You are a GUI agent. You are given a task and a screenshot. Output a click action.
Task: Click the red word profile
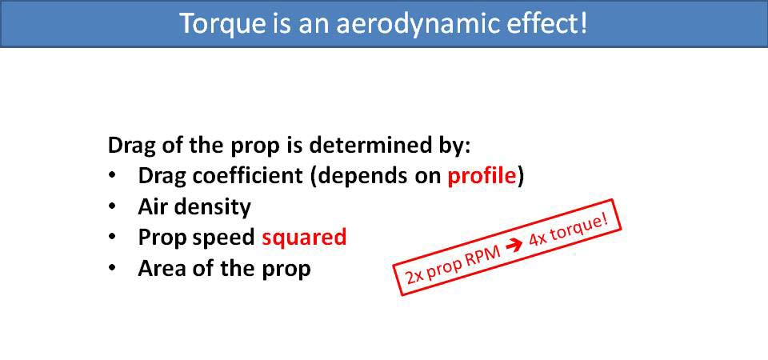pyautogui.click(x=482, y=177)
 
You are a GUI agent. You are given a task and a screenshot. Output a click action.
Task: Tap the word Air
pyautogui.click(x=152, y=207)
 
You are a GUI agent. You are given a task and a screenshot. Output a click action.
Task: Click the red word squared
pyautogui.click(x=304, y=238)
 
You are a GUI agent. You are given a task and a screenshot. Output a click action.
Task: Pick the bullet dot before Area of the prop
pyautogui.click(x=112, y=268)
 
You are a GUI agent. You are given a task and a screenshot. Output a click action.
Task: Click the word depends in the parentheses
pyautogui.click(x=352, y=177)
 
